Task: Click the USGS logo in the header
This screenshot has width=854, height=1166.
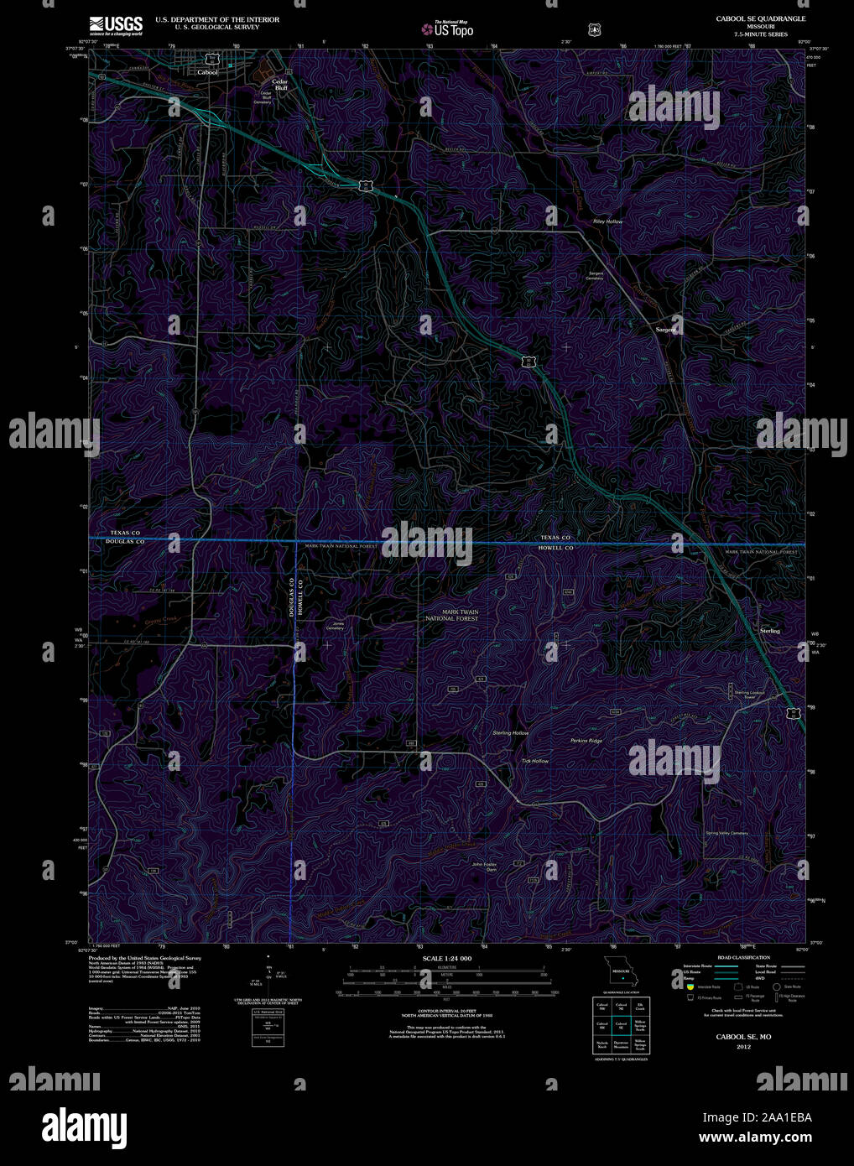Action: tap(116, 24)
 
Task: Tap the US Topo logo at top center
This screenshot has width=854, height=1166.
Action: tap(447, 29)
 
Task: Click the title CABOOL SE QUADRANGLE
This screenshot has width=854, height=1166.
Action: tap(760, 18)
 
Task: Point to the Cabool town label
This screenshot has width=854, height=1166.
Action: tap(207, 72)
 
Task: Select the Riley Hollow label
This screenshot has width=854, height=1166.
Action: tap(608, 221)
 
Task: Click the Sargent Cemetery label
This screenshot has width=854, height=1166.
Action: tap(596, 276)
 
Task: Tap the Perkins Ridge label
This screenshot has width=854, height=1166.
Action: tap(586, 741)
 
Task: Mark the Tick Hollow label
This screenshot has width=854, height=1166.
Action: tap(534, 761)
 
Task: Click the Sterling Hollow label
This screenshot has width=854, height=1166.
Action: tap(510, 733)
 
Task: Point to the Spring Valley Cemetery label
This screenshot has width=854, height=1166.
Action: tap(726, 833)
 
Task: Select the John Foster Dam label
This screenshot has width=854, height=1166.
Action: tap(485, 867)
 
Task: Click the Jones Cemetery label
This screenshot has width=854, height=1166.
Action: tap(339, 625)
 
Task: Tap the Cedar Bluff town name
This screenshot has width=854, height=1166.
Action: tap(279, 84)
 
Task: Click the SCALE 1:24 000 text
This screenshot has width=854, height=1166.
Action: tap(446, 958)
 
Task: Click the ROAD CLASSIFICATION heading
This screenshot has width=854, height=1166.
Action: tap(743, 957)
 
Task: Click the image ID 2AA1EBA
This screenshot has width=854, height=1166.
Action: tap(758, 1117)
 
